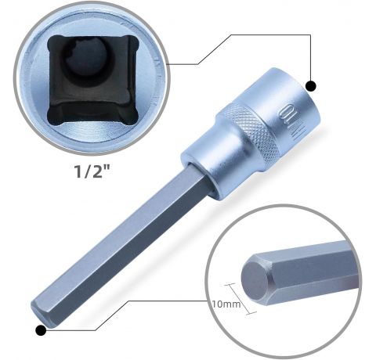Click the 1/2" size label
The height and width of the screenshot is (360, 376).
click(92, 171)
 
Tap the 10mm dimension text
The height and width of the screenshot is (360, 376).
click(226, 304)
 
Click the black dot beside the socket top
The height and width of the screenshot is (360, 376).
click(310, 86)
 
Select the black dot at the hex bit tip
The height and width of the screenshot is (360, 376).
click(41, 330)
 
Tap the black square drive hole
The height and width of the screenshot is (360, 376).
click(92, 80)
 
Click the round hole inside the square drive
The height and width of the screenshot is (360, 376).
click(85, 60)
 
